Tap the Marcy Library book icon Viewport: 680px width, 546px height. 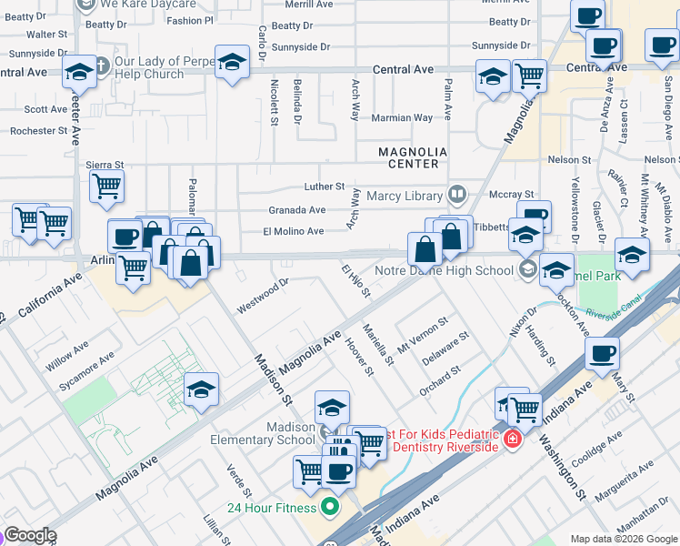click(456, 194)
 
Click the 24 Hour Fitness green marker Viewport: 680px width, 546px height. click(330, 507)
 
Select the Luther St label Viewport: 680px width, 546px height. click(325, 186)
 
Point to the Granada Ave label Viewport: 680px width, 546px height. click(296, 209)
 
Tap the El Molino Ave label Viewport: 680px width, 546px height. click(293, 231)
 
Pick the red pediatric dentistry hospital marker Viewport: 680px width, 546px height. click(514, 440)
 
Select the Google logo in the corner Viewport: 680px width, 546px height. click(30, 535)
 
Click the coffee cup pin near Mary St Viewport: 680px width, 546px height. click(603, 354)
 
